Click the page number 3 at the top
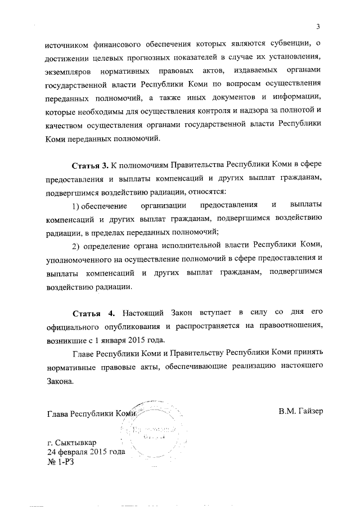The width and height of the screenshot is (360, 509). click(x=318, y=26)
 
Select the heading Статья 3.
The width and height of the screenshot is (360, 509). click(x=89, y=166)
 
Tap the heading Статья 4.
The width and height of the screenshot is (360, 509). click(x=94, y=312)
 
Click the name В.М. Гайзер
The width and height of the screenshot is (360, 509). click(x=300, y=411)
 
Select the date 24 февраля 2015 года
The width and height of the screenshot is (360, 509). click(x=85, y=452)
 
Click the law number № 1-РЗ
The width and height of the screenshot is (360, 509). click(x=61, y=462)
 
